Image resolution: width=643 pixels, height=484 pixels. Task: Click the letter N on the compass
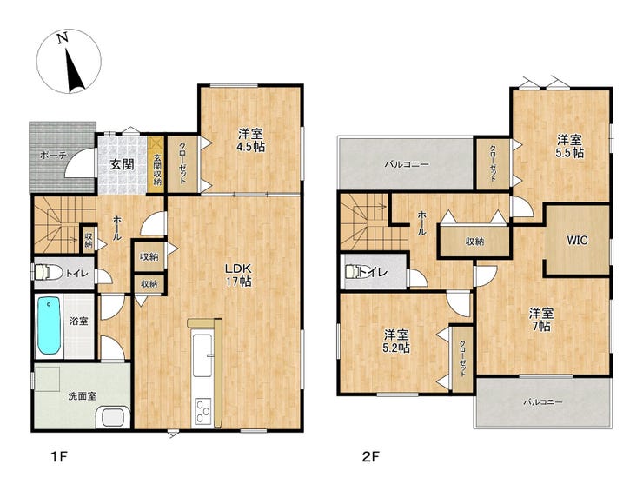(63, 38)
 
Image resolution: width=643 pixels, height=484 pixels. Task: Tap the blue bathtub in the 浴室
(50, 327)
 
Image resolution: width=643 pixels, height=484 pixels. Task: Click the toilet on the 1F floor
(49, 271)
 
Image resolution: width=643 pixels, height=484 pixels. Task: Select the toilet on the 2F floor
(356, 272)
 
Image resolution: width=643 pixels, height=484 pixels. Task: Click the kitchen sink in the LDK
(202, 355)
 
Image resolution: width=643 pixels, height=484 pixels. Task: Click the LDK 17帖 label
(237, 275)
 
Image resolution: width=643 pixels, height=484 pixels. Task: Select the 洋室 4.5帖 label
(251, 140)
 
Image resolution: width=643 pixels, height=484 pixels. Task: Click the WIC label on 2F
(577, 240)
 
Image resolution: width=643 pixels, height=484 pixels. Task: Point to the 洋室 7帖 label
(541, 320)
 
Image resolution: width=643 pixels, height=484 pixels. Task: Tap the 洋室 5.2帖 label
(396, 341)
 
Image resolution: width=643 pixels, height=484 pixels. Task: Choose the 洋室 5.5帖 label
(570, 146)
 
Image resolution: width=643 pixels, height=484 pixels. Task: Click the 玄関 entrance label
(123, 165)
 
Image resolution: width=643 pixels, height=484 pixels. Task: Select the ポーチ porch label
(53, 156)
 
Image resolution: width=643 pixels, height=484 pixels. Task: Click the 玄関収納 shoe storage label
(157, 169)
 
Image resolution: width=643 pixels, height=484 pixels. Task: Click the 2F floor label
(370, 456)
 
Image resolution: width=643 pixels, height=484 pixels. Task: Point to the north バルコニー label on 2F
(407, 164)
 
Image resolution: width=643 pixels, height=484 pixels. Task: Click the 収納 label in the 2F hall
(474, 242)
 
